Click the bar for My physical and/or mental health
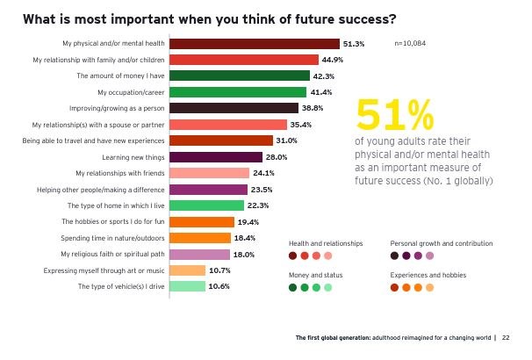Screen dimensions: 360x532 (x=253, y=43)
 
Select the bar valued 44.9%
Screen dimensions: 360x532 (x=242, y=60)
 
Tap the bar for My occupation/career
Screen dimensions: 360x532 (x=236, y=92)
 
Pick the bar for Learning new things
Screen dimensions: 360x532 (x=214, y=157)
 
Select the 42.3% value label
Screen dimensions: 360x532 (x=324, y=76)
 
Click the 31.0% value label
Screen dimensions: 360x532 (x=287, y=140)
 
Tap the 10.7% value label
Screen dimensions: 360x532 (x=219, y=270)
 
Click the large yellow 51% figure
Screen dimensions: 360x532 (x=395, y=116)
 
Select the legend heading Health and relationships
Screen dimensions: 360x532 (x=325, y=243)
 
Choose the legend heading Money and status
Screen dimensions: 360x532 (x=314, y=275)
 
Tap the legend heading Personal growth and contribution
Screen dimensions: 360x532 (x=441, y=243)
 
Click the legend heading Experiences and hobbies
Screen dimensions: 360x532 (x=428, y=275)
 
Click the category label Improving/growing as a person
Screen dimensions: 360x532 (x=119, y=108)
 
